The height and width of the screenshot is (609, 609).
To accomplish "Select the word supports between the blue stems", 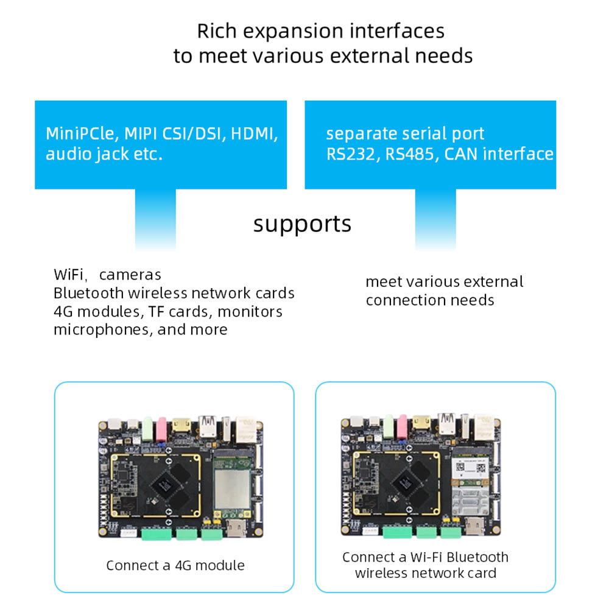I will click(302, 224).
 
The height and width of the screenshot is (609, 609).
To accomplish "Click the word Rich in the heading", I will click(217, 30).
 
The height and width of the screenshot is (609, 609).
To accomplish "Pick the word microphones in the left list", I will click(102, 329).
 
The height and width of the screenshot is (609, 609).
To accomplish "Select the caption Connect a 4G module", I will click(175, 565).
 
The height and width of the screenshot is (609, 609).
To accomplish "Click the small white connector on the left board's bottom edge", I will click(126, 532).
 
